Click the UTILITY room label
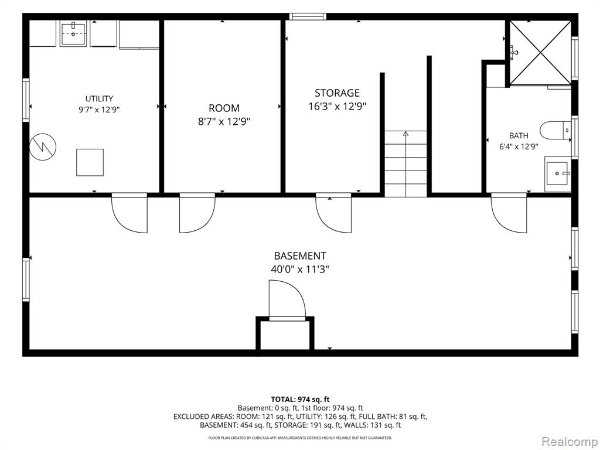[99, 98]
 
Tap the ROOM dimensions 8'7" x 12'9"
[224, 122]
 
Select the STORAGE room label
[337, 93]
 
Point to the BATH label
[519, 135]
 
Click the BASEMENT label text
[300, 255]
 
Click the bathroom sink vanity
[558, 174]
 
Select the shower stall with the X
[540, 52]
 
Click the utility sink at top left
[73, 33]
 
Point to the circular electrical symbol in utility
[43, 146]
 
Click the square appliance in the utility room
[90, 162]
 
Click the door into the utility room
[129, 213]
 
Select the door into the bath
[509, 213]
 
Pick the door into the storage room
[333, 213]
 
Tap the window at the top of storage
[308, 16]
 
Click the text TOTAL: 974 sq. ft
[301, 400]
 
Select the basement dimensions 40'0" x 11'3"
[300, 270]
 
